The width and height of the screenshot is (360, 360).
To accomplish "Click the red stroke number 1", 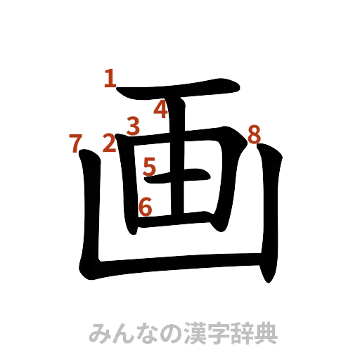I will [x=109, y=79].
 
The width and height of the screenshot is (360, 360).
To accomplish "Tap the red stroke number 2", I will [x=110, y=143].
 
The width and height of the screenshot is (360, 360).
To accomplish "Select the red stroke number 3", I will [x=133, y=125].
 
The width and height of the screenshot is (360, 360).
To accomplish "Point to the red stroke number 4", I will [x=161, y=110].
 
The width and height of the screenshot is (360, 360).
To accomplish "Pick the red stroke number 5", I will [x=149, y=167].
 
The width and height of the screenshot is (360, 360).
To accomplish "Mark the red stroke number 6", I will [x=145, y=207].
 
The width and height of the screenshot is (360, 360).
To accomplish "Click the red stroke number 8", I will [x=255, y=133].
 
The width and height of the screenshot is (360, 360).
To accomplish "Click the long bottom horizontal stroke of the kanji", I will [x=176, y=266].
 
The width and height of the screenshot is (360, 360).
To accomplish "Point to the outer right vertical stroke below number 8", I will [x=270, y=211].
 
